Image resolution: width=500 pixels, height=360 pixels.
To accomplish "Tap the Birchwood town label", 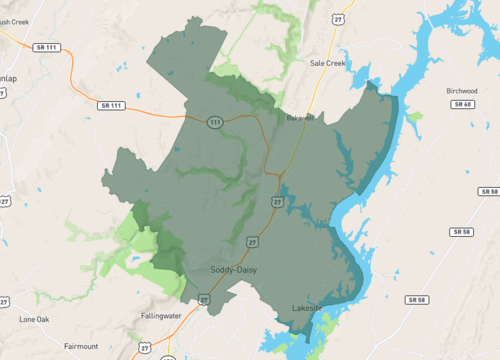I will pos(461,90).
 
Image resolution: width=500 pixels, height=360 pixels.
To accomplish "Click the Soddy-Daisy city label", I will pos(237,270).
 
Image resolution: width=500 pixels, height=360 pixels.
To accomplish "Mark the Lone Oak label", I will pos(34,319).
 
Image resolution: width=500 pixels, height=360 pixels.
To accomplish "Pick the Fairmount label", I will pos(82,346).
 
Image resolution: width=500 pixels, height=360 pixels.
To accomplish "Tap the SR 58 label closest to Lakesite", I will pos(417,299).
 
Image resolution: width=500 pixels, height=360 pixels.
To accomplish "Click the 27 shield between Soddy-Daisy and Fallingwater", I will pos(204,297).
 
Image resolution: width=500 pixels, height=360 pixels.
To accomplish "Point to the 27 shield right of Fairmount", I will pos(145,347).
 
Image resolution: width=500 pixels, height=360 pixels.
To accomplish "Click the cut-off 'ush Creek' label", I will pos(17,19).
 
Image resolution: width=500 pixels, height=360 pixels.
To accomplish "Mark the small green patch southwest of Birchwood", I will pos(415,116).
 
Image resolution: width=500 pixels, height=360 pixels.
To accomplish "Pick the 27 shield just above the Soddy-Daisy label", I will pos(253,241).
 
